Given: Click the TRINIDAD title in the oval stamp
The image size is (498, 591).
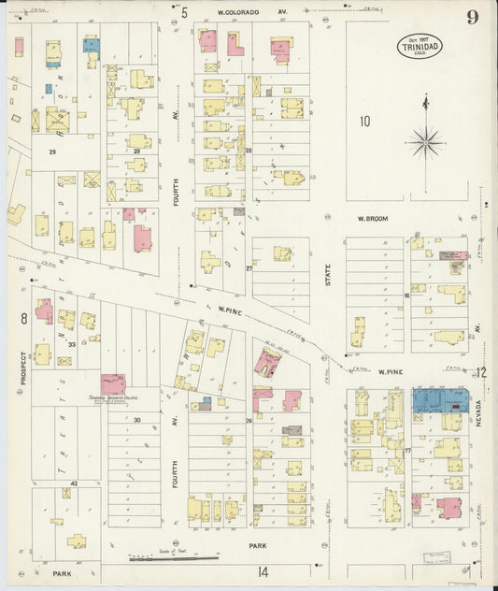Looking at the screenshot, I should point(420,45).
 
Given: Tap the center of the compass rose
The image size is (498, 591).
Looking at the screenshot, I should point(426,142).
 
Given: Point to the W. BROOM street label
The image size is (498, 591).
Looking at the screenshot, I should point(372,219).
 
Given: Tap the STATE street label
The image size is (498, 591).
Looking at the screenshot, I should point(328,281).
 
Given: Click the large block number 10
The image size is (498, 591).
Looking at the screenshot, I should point(364,121).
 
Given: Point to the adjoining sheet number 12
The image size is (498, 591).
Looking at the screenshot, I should point(480,372).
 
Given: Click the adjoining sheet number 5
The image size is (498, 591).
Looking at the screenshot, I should point(185,12).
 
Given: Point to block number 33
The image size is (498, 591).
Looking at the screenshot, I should point(72,343).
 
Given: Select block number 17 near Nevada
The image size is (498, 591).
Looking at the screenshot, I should point(407,451).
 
